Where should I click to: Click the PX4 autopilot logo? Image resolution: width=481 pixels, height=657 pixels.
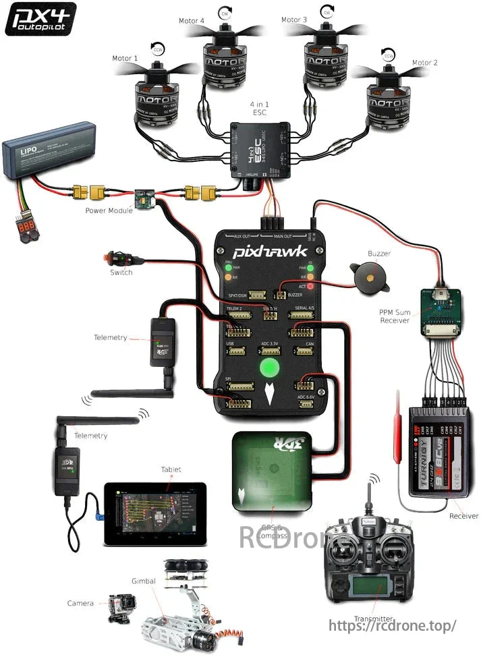[x=40, y=19]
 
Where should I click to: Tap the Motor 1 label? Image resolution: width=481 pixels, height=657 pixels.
[x=126, y=59]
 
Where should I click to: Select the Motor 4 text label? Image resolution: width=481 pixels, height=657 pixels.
[x=192, y=21]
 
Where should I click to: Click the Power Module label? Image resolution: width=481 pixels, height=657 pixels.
[x=109, y=210]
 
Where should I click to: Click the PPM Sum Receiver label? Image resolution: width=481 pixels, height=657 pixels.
[x=395, y=316]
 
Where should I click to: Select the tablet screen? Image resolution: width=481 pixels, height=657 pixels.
[x=154, y=513]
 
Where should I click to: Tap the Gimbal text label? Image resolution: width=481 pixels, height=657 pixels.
[x=144, y=581]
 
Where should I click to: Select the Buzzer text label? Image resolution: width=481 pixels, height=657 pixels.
[x=379, y=254]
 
